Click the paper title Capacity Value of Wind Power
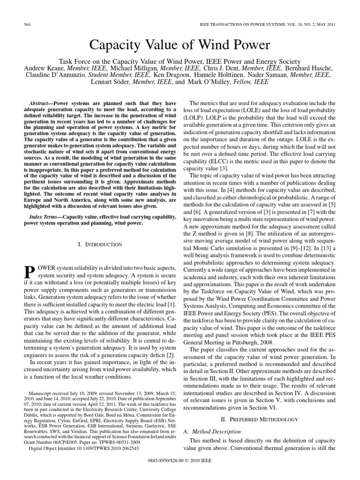pos(180,45)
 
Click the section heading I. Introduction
pos(99,244)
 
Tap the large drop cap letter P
pos(29,272)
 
